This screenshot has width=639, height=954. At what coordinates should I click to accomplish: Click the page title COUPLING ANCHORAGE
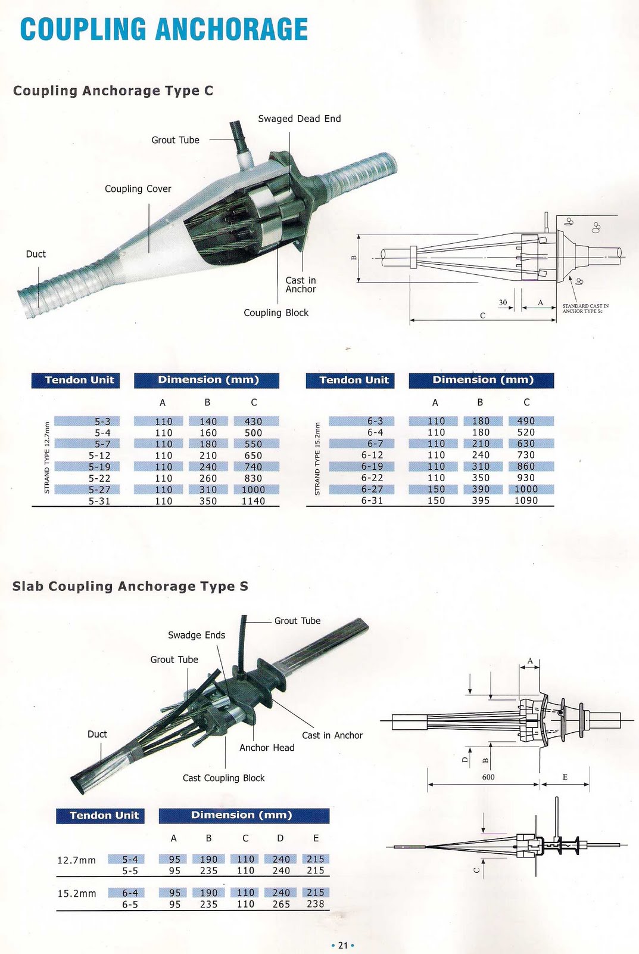coord(164,30)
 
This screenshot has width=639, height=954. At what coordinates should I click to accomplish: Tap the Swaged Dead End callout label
coord(299,119)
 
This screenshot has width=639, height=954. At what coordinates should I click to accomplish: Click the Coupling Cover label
coord(138,189)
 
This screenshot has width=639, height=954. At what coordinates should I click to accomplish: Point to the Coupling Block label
coord(276,313)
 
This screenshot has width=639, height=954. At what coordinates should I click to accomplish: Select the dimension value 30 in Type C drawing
coord(503,302)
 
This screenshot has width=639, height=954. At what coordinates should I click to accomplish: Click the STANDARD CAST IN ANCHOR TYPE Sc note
coord(585,308)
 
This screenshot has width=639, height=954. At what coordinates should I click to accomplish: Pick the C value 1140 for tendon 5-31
coord(253,501)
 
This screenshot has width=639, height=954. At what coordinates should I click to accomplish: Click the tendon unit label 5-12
coord(99,456)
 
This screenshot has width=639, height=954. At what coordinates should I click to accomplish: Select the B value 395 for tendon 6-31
coord(481,501)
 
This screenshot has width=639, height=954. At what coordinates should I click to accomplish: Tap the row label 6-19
coord(372,467)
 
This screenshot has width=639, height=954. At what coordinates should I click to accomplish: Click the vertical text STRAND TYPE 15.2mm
coord(317,459)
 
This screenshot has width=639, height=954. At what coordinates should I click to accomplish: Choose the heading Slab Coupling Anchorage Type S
coord(130,586)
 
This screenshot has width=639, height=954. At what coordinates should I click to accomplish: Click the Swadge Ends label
coord(197,635)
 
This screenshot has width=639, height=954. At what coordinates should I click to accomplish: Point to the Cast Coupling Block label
coord(223,778)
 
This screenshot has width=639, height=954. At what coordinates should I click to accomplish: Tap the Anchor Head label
coord(267,748)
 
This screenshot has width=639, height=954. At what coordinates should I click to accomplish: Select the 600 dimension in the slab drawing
coord(488,777)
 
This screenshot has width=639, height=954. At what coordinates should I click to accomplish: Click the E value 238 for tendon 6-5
coord(315,904)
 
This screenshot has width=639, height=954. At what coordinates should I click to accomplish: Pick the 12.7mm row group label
coord(76,860)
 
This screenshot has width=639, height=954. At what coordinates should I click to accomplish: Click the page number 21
coord(342,945)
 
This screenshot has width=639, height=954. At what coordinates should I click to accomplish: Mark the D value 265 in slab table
coord(280,904)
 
